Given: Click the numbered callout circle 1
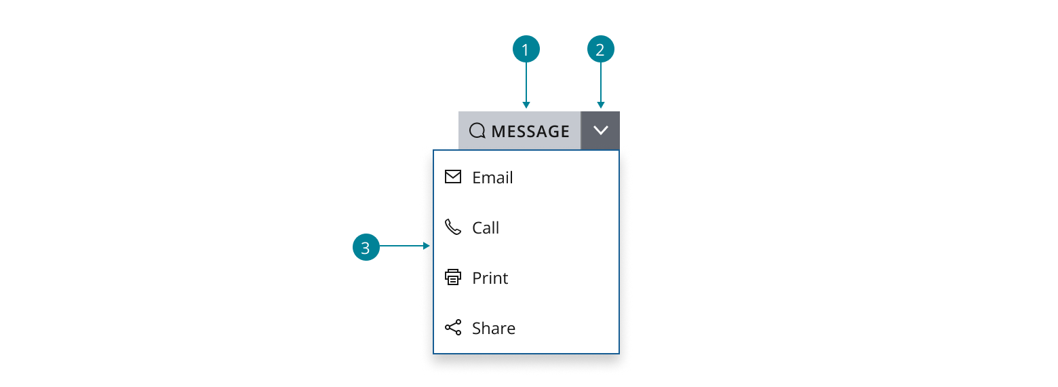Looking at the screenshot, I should pos(526,50).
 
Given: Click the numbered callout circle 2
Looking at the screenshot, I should pos(600,50).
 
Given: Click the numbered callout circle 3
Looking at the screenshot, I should pos(366,247).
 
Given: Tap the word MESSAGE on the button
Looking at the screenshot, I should pos(530,131).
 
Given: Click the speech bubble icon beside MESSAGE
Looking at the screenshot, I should pos(477,131).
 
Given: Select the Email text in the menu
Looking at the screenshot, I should pos(492,177).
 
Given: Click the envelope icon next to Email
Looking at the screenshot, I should pos(452,177).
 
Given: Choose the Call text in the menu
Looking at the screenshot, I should pos(486,227).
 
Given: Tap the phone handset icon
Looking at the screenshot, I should pos(452,227).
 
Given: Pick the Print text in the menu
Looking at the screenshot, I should pos(490,278).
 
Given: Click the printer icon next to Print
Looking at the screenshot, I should pos(452,277).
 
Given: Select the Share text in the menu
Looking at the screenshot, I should pos(493,328).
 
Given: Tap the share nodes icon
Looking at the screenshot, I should pos(452,327).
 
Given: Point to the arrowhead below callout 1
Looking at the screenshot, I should pos(526,105).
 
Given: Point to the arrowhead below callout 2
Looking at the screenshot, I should pos(600,105).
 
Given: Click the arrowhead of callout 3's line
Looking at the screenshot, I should pos(427,246).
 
